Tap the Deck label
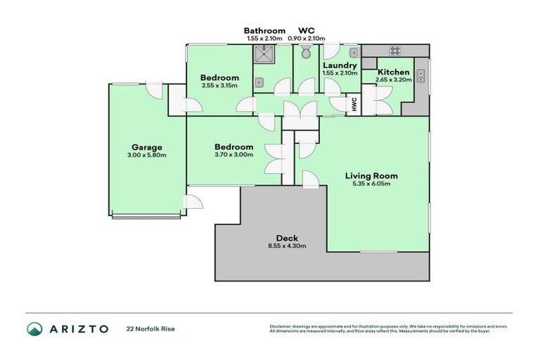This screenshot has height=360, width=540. [x=288, y=238]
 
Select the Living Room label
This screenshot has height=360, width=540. [x=371, y=176]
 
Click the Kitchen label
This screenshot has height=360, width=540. [x=394, y=72]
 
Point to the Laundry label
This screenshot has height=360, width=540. [x=340, y=64]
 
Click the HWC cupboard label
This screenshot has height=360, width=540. [x=354, y=104]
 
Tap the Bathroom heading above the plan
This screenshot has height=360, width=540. [x=264, y=30]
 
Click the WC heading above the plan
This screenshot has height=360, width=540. [x=306, y=30]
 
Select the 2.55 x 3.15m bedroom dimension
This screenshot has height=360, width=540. [x=219, y=86]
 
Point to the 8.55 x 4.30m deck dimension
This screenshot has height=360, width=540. [x=288, y=246]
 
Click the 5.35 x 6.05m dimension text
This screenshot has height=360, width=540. [x=371, y=184]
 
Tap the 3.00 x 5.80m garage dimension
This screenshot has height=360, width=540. [x=147, y=155]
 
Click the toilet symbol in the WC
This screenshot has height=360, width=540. [x=306, y=53]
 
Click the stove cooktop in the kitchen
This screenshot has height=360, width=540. [x=394, y=51]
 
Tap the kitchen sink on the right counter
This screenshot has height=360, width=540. [x=420, y=75]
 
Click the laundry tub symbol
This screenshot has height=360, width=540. [x=354, y=53]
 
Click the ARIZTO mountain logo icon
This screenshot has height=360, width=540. [x=34, y=328]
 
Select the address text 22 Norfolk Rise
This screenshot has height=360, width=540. [x=150, y=328]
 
